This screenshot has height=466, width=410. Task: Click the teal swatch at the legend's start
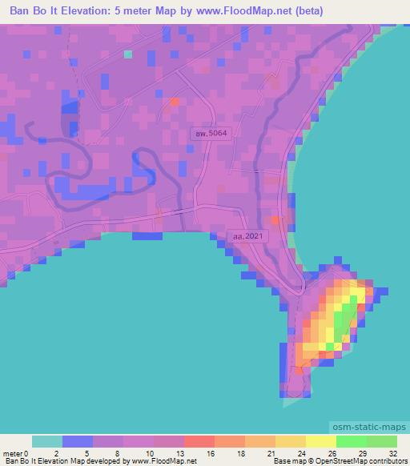(47, 441)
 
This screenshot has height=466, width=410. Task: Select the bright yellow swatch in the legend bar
(321, 441)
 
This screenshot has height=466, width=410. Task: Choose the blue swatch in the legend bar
(78, 441)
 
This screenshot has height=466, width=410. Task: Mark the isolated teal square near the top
(128, 54)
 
